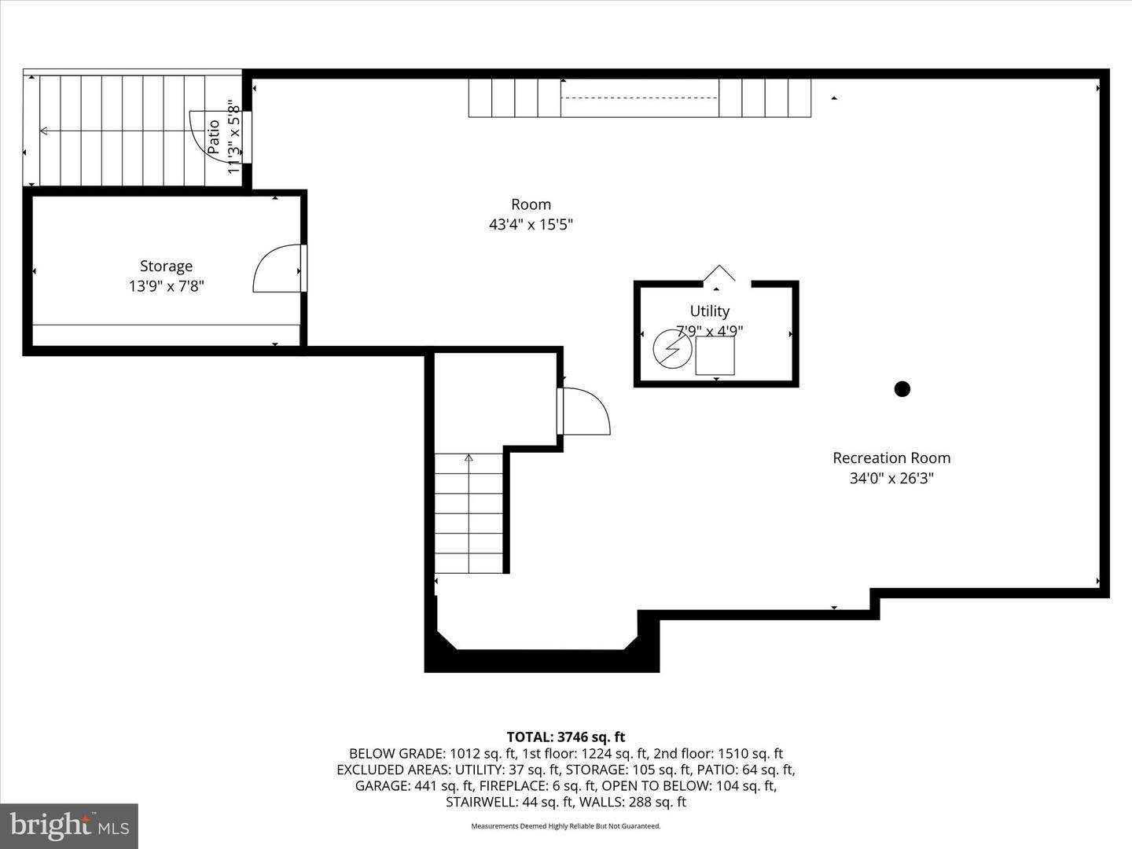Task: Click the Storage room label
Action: [x=166, y=266]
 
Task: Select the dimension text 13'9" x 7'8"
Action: [x=166, y=287]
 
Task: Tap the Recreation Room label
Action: [x=891, y=458]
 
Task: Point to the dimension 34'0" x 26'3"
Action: [x=891, y=478]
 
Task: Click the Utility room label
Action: [x=709, y=311]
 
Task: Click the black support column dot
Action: [x=902, y=388]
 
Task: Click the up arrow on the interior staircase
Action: [x=469, y=458]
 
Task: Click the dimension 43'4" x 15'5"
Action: [x=531, y=225]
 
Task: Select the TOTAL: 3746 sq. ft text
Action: [x=565, y=737]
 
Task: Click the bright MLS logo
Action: [x=69, y=825]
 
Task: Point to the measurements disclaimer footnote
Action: [x=565, y=826]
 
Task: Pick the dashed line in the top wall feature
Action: [x=639, y=97]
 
